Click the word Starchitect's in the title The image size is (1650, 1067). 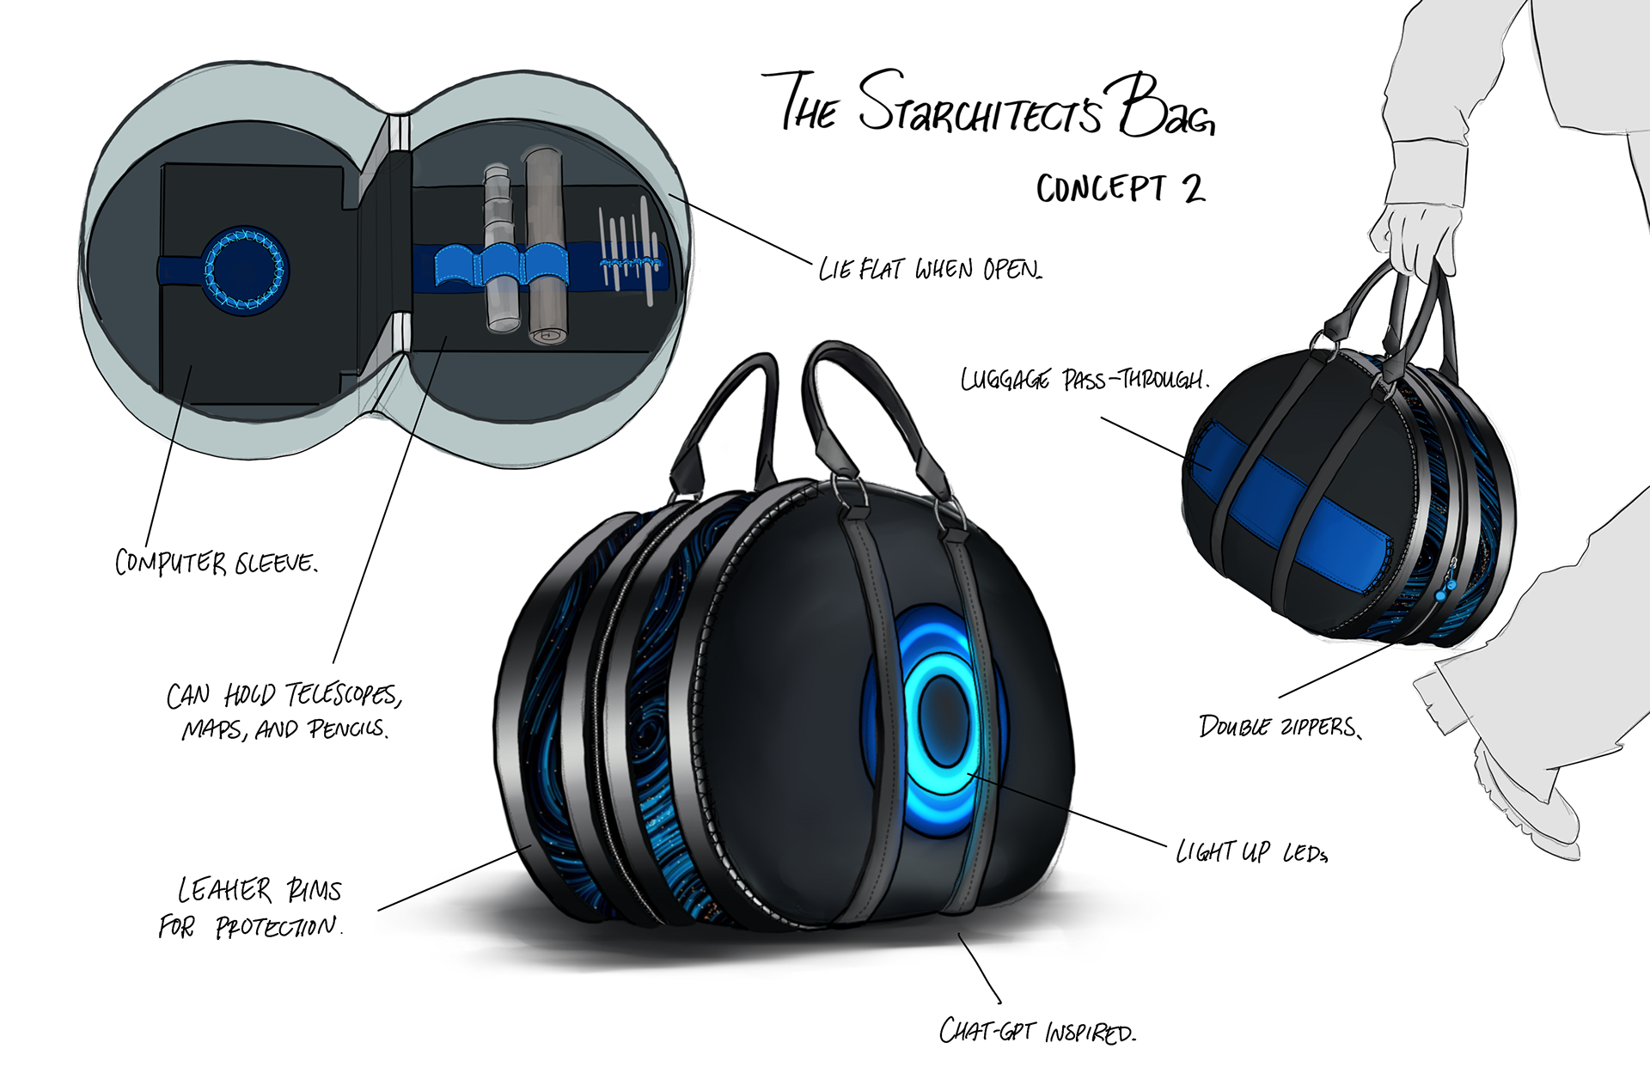pos(980,107)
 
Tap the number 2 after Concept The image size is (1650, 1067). pos(1193,188)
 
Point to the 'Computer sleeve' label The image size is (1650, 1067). pos(216,563)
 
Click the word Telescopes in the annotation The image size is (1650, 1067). pos(342,694)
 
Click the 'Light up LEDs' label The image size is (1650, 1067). pos(1251,851)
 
